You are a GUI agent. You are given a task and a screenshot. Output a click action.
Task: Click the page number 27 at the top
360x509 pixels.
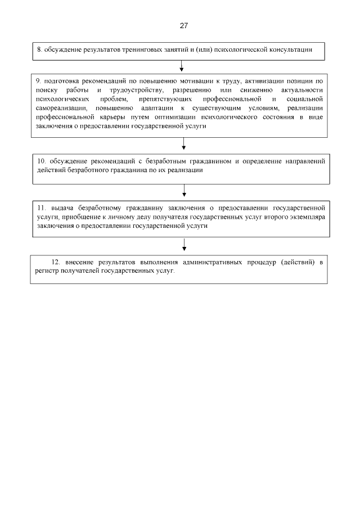tap(183, 26)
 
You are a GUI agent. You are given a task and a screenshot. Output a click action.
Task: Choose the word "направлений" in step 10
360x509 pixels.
tap(304, 160)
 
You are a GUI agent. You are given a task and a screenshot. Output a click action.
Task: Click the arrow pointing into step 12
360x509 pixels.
tap(184, 245)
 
